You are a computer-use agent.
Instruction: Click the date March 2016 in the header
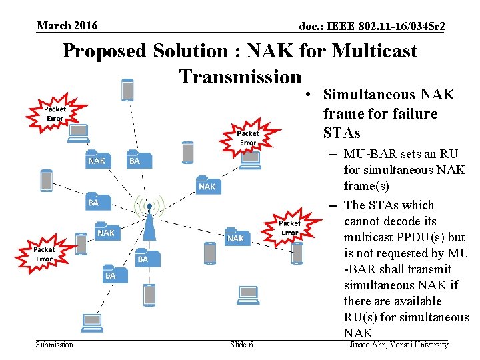coord(67,26)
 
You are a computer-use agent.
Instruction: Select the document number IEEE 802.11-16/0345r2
coord(372,27)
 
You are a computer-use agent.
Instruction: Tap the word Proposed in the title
coord(104,51)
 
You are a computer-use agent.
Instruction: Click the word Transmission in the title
coord(240,77)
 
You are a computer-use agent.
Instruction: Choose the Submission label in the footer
coord(55,345)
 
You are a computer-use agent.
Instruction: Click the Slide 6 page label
coord(241,345)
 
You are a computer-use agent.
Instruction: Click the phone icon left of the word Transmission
coord(127,90)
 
